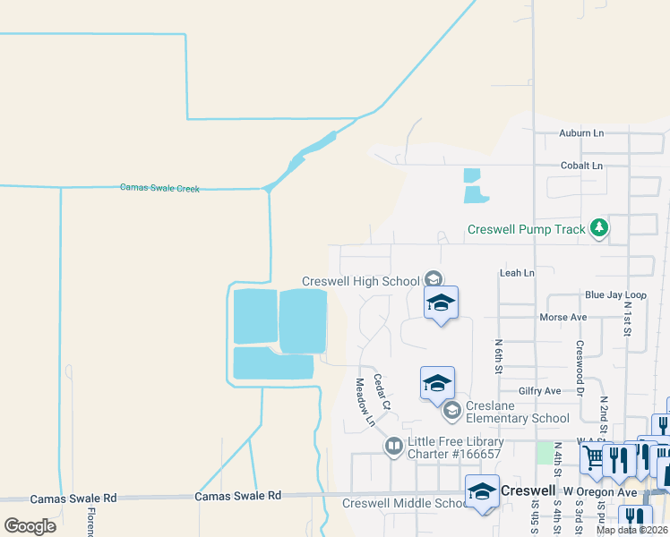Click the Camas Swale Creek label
[159, 188]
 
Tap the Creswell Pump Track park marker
[599, 229]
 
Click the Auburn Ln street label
[581, 133]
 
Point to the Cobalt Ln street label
[581, 166]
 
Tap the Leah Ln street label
[517, 272]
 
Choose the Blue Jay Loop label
[615, 294]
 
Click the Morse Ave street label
[563, 318]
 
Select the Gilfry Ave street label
[539, 391]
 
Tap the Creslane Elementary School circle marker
[452, 410]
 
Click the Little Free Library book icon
[393, 446]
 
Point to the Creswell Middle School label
[401, 503]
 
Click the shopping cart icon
[592, 458]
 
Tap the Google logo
[30, 525]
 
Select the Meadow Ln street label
[365, 401]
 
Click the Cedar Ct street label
[382, 391]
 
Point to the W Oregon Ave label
[599, 491]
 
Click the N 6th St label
[499, 356]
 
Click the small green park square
[545, 451]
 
